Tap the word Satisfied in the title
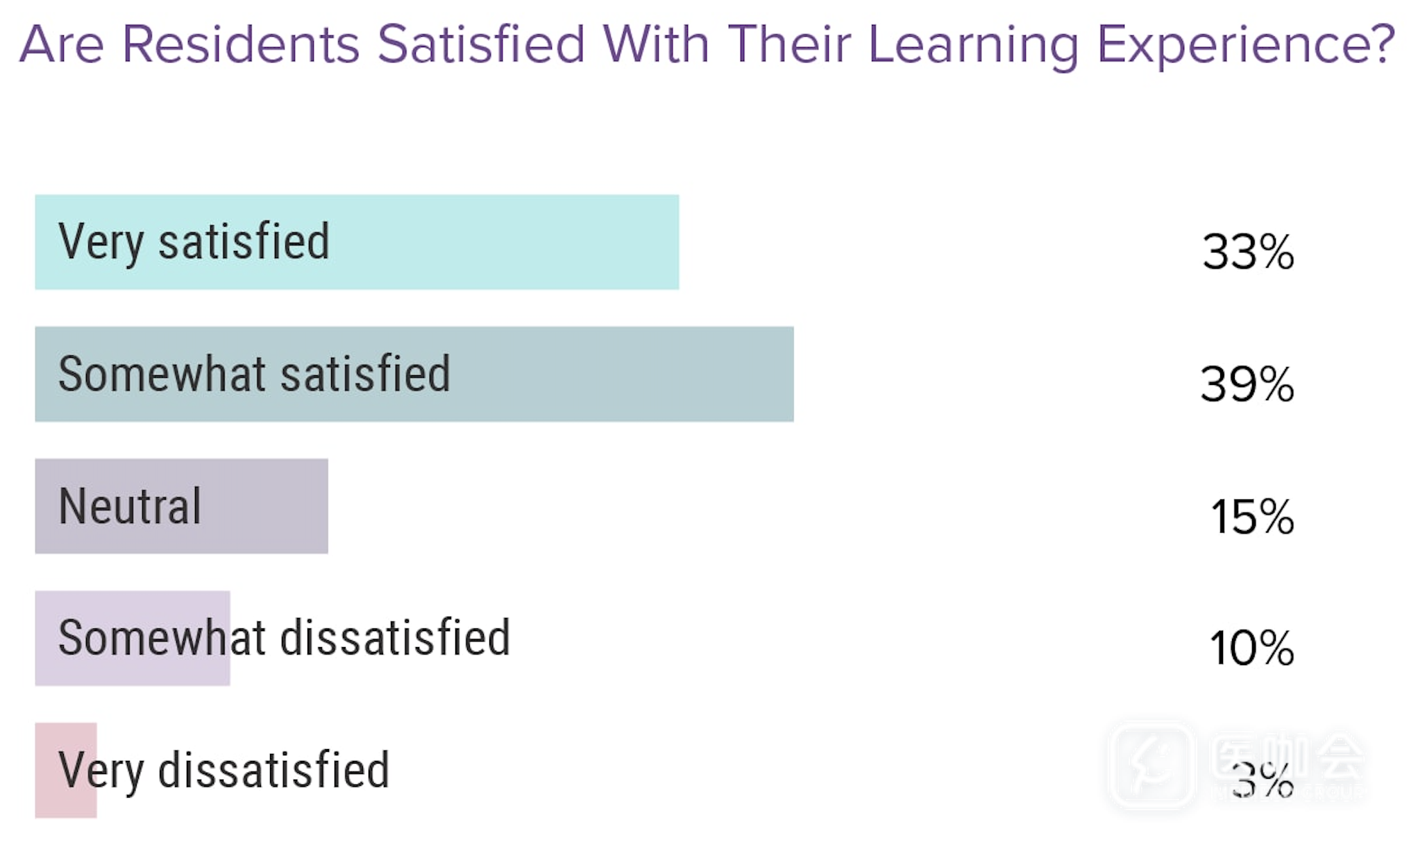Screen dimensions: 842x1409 coord(481,44)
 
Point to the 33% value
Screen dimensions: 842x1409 coord(1248,251)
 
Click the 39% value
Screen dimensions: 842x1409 coord(1247,384)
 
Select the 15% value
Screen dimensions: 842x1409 coord(1251,517)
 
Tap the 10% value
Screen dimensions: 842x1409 coord(1251,648)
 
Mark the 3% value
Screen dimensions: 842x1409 coord(1263,780)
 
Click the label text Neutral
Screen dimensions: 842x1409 coord(130,506)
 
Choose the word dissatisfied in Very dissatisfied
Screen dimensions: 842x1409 coord(273,770)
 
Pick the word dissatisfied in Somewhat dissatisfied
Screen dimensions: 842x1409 coord(396,637)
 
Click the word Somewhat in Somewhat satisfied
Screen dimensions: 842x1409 coord(162,374)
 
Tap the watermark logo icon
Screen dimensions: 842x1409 coord(1152,765)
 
